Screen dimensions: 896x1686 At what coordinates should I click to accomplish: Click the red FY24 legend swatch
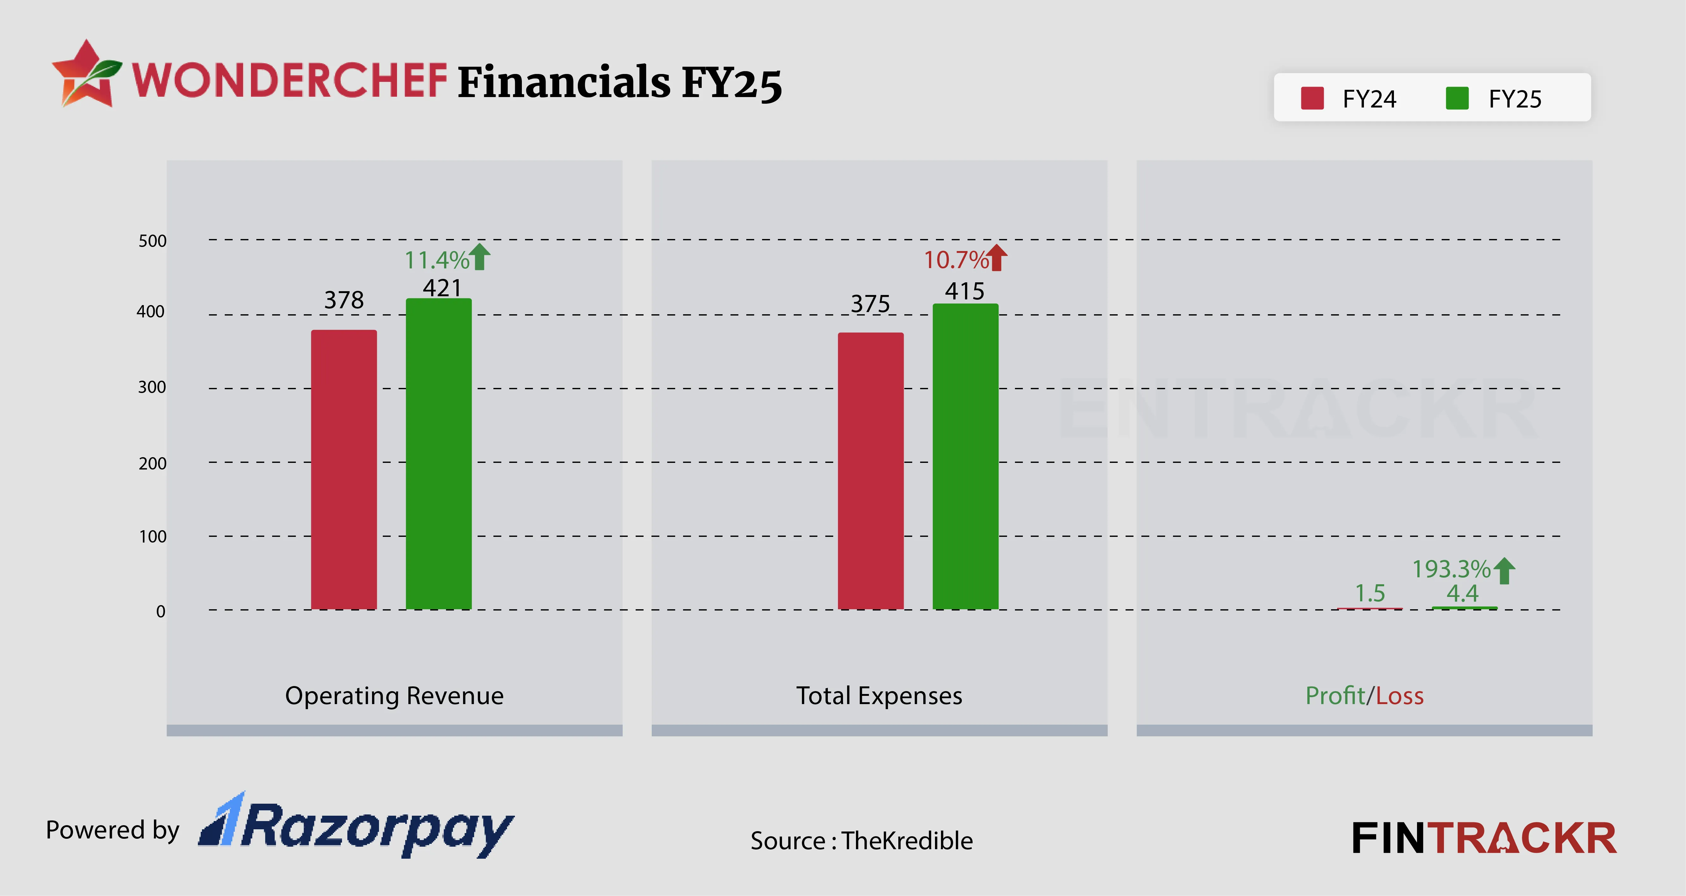point(1312,99)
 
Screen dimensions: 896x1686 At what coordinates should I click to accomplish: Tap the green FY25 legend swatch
point(1457,99)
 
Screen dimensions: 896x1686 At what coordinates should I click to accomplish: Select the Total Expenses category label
point(879,696)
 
